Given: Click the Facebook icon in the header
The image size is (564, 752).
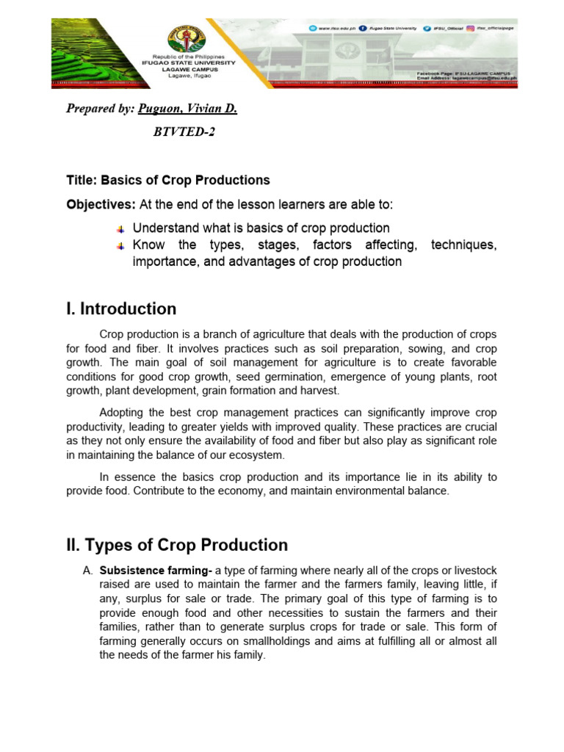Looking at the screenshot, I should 373,28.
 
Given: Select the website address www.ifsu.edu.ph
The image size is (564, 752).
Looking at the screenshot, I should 338,28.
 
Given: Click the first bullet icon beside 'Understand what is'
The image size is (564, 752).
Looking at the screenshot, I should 121,229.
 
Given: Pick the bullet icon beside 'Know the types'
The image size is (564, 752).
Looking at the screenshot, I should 121,245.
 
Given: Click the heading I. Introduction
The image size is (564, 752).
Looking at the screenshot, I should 121,308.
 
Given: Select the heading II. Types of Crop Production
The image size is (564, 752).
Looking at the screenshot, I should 176,545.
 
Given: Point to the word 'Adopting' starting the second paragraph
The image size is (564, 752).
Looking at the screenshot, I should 122,413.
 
